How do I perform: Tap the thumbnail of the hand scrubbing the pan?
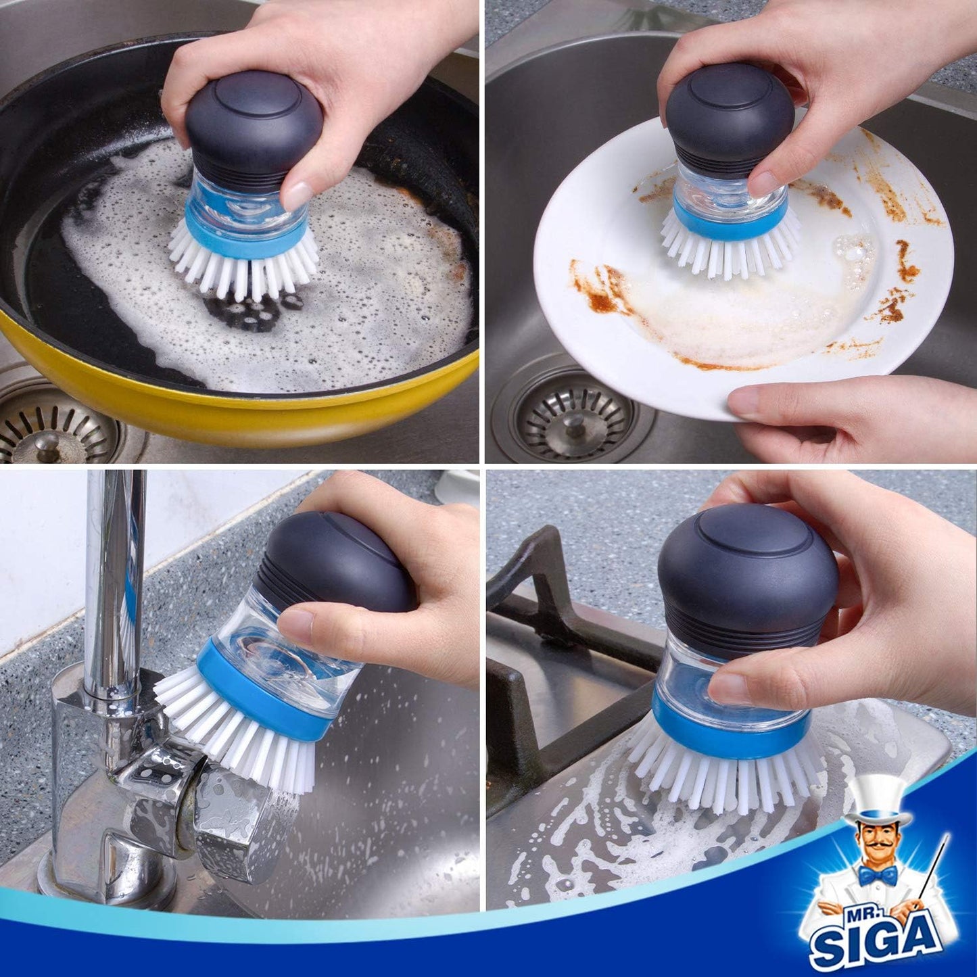click(x=297, y=193)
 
